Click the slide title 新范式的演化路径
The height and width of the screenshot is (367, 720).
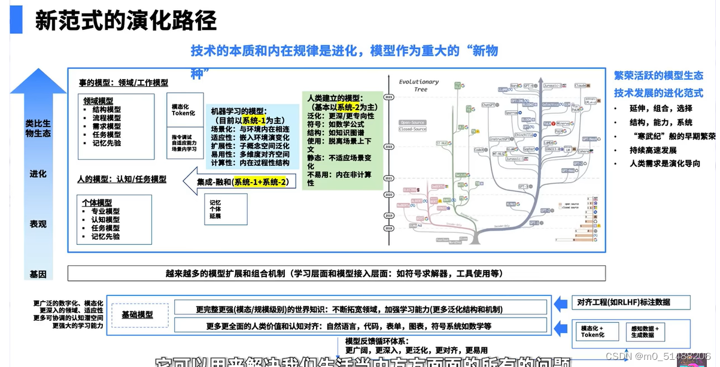click(x=125, y=21)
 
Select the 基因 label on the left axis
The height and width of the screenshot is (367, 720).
click(x=38, y=274)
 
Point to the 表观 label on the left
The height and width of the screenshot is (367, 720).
click(x=38, y=224)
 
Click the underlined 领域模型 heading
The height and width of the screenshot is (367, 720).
click(x=98, y=101)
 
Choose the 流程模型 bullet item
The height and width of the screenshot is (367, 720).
click(x=106, y=118)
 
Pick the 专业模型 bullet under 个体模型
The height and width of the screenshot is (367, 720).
click(x=105, y=211)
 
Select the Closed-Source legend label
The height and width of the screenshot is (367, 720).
click(x=412, y=129)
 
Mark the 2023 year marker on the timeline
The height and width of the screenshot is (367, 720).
click(x=390, y=96)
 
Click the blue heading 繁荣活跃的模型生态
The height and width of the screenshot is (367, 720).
click(x=658, y=75)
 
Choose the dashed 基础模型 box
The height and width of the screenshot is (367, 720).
click(x=137, y=314)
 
